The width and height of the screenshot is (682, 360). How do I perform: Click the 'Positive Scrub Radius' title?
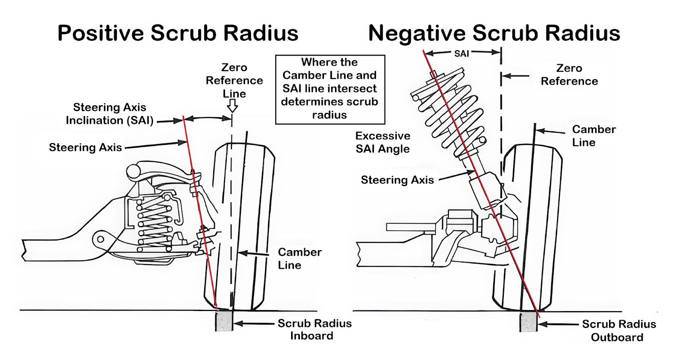[178, 33]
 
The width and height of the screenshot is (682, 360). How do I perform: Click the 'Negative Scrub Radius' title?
[494, 33]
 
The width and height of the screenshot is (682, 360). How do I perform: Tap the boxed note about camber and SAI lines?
[329, 89]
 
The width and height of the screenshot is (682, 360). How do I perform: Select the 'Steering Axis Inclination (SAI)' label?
[110, 114]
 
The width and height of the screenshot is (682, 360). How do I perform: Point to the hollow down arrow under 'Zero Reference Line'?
[232, 106]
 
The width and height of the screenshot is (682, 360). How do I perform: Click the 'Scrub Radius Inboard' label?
[314, 329]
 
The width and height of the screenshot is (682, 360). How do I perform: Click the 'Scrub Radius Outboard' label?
[618, 331]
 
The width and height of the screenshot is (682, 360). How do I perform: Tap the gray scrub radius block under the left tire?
[224, 321]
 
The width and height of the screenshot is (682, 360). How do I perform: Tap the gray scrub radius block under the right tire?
[528, 322]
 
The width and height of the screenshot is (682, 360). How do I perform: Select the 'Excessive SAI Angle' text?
[383, 142]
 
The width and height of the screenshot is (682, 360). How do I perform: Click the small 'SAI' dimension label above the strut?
[462, 54]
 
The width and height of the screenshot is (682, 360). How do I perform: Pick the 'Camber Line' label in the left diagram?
[299, 258]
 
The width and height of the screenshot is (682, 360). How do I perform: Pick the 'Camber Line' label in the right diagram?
[593, 135]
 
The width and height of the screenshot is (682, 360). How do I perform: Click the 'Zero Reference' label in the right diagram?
[569, 75]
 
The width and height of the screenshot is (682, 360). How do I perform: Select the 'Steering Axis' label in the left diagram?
[85, 147]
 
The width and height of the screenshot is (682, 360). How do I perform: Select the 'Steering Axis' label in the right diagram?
[397, 180]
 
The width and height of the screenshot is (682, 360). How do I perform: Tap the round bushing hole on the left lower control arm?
[100, 239]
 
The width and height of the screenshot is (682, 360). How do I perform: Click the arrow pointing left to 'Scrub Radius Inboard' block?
[254, 324]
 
